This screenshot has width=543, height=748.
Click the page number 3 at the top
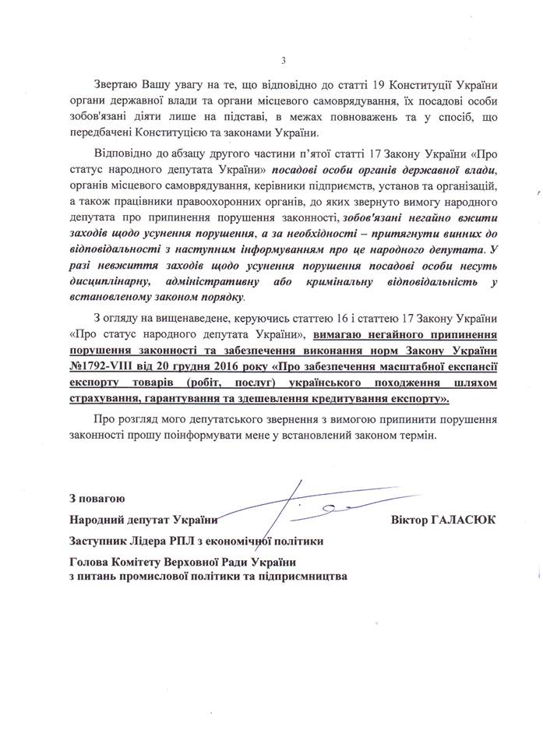click(x=284, y=61)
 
